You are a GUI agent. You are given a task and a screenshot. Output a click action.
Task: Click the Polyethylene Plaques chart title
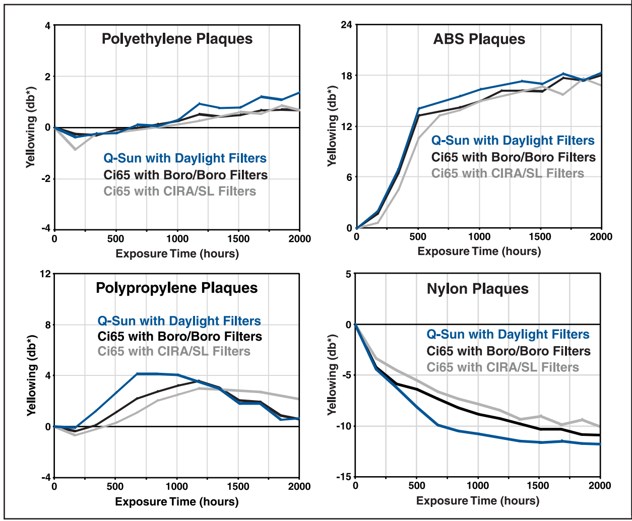click(177, 39)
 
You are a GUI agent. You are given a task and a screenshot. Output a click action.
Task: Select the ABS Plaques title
click(479, 39)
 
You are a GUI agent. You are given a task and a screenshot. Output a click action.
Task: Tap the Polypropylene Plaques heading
click(177, 288)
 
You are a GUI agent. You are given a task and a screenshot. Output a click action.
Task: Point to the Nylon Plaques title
click(477, 289)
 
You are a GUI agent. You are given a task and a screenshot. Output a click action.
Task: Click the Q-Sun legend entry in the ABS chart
click(513, 141)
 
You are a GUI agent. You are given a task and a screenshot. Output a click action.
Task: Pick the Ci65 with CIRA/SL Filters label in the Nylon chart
click(502, 367)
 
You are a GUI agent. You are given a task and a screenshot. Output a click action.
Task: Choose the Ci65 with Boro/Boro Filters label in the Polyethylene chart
click(185, 175)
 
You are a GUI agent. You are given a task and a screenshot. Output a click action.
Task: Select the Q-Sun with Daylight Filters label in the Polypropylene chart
click(179, 321)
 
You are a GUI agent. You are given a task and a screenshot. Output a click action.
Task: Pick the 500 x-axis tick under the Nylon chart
click(417, 486)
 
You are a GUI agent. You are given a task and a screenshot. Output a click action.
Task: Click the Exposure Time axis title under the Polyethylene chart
click(177, 253)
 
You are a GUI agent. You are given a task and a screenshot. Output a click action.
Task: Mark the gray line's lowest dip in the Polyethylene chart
click(75, 149)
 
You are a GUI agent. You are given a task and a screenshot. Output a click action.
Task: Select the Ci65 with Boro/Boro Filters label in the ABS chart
click(513, 157)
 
